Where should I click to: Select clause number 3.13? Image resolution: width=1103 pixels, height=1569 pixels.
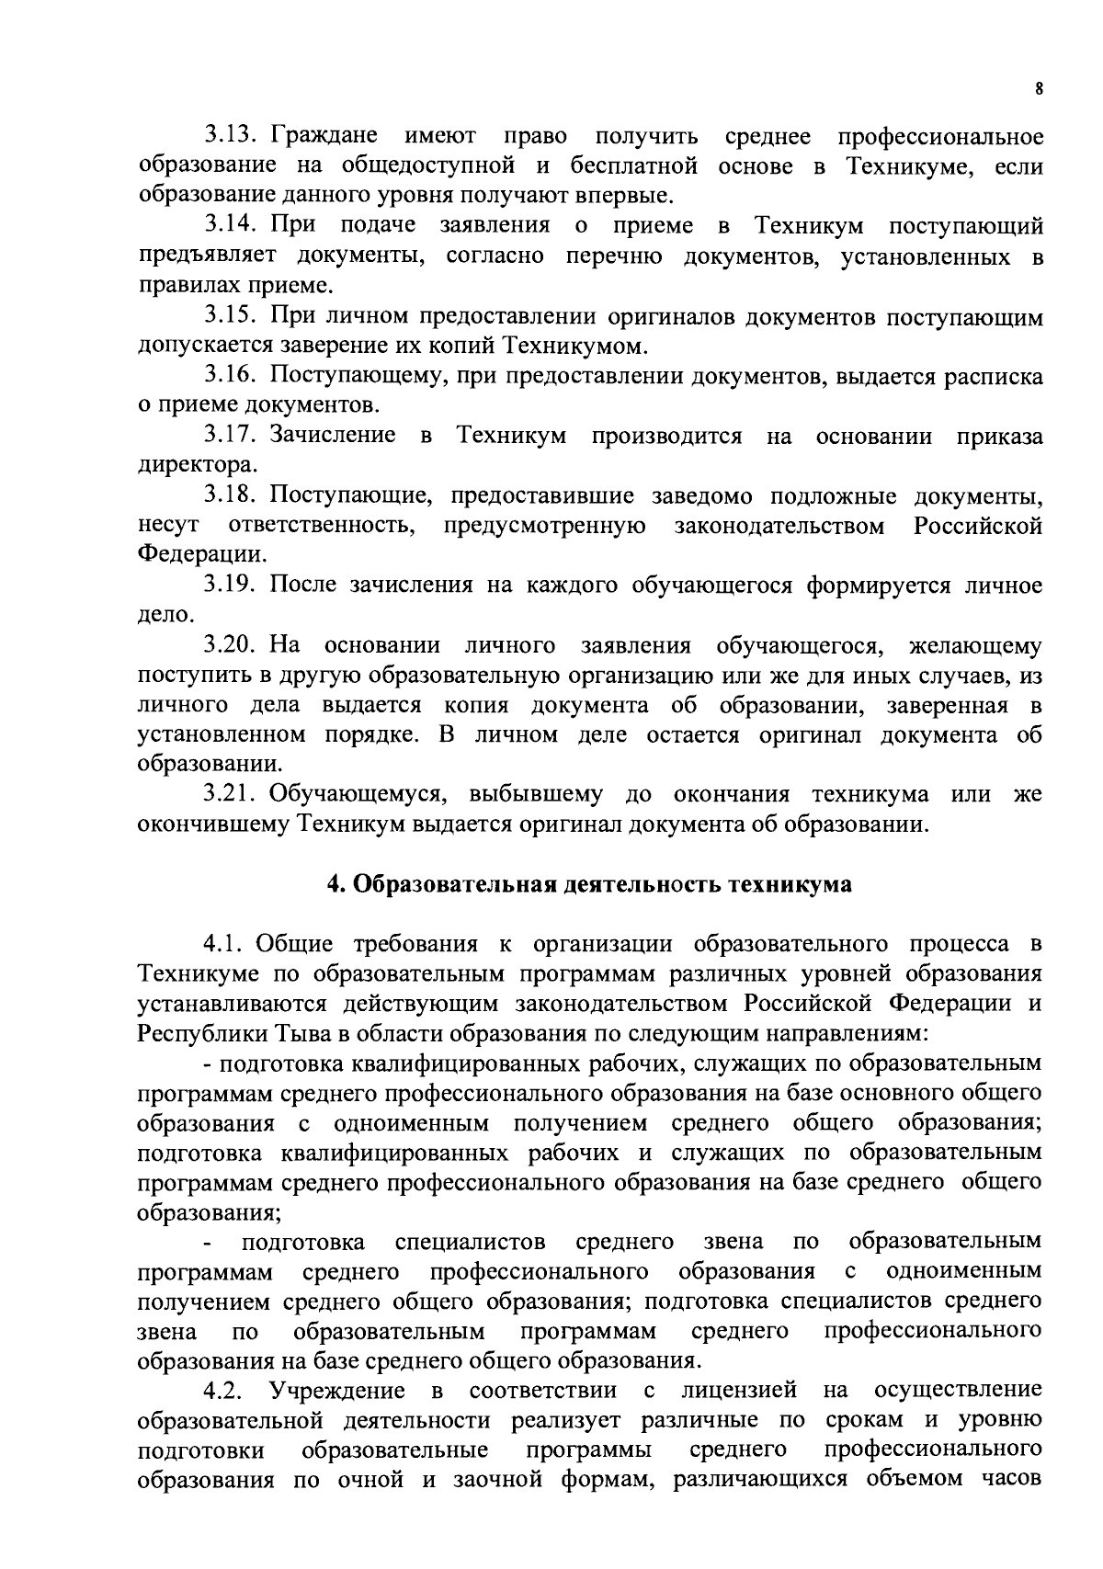click(x=233, y=137)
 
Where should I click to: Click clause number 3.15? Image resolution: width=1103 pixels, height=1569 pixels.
click(x=233, y=317)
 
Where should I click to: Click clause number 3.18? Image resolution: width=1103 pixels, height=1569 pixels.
click(x=233, y=496)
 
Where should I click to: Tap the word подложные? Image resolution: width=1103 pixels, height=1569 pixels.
click(x=834, y=496)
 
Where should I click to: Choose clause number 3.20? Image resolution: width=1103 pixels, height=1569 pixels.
click(x=233, y=646)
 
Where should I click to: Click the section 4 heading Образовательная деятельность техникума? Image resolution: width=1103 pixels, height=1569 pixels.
click(x=589, y=885)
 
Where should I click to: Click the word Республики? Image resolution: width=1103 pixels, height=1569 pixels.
click(x=189, y=1033)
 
